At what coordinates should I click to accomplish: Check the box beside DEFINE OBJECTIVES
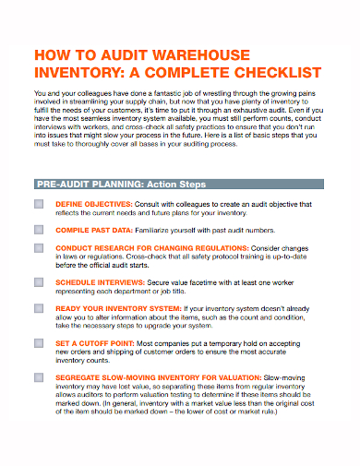click(39, 202)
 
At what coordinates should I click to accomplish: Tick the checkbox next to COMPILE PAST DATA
click(39, 228)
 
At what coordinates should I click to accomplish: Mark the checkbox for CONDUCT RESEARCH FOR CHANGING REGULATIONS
click(39, 249)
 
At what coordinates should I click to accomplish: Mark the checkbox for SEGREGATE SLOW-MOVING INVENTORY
click(39, 376)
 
